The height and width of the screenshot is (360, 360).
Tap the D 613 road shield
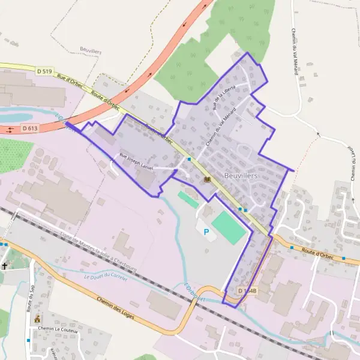point(30,128)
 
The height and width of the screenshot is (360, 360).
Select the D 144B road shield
point(247,291)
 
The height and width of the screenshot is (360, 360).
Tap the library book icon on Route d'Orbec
point(208,179)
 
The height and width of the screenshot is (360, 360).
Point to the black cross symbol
point(4,265)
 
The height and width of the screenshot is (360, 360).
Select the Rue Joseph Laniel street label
point(136,162)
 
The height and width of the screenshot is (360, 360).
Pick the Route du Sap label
point(30,298)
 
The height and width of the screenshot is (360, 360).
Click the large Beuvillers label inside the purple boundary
point(240,175)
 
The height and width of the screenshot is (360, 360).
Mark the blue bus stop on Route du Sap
point(28,340)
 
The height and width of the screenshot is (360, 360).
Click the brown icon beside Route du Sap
point(37,319)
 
